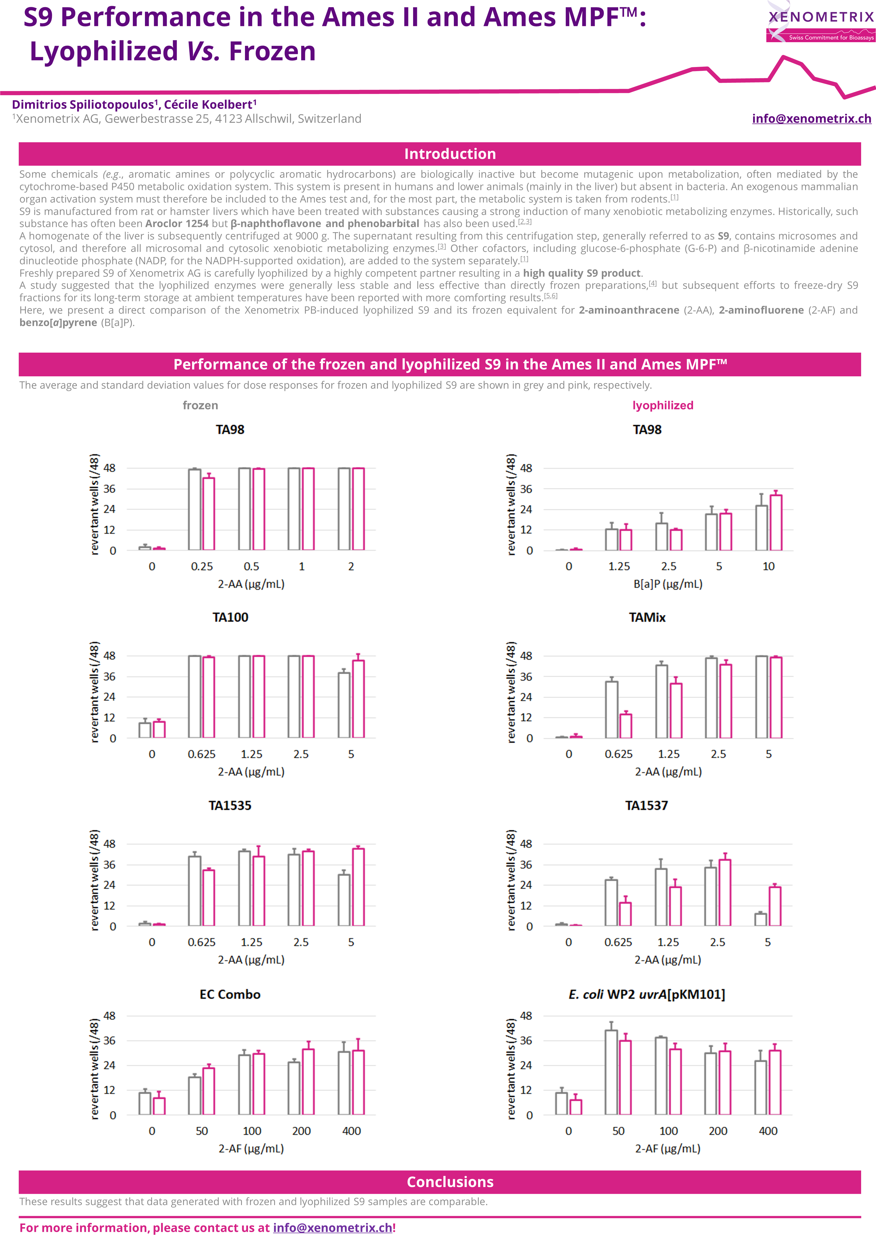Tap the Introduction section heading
tap(450, 154)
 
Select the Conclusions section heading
tap(450, 1182)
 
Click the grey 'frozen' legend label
tap(200, 405)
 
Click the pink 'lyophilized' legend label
tap(663, 405)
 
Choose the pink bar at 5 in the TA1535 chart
tap(358, 887)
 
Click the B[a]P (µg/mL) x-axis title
tap(668, 584)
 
